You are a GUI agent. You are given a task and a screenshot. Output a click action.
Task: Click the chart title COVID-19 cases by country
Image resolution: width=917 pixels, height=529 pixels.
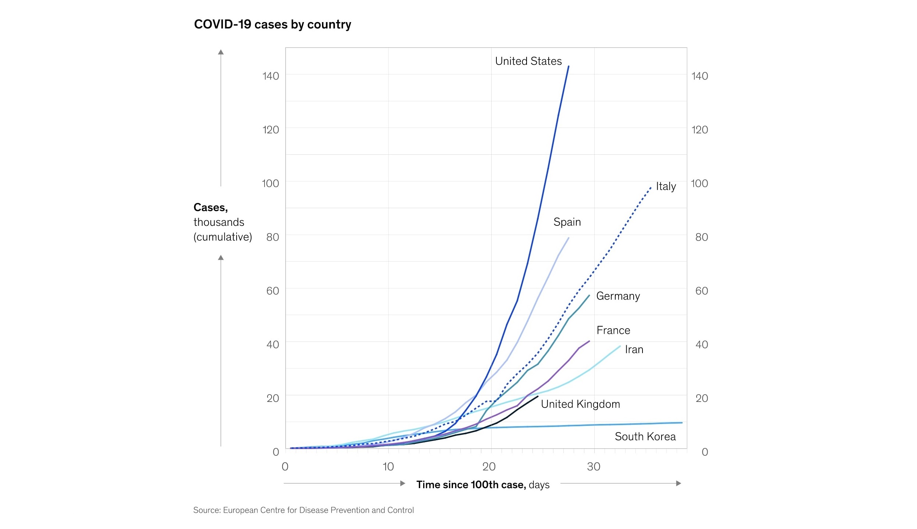pyautogui.click(x=272, y=24)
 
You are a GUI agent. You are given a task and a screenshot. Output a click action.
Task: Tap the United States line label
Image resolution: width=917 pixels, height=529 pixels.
pyautogui.click(x=528, y=61)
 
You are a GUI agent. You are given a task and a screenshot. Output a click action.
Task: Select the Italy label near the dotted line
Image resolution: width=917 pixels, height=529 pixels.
pyautogui.click(x=666, y=186)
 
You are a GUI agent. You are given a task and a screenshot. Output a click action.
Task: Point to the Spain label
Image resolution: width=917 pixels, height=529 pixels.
pyautogui.click(x=567, y=222)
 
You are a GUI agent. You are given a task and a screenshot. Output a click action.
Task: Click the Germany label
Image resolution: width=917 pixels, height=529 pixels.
pyautogui.click(x=618, y=296)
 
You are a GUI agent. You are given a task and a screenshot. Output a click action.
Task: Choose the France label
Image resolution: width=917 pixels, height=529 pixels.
pyautogui.click(x=613, y=330)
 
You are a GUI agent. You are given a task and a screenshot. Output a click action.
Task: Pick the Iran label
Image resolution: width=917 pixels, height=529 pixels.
pyautogui.click(x=634, y=350)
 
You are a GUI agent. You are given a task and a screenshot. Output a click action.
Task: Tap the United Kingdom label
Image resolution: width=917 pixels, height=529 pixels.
pyautogui.click(x=580, y=404)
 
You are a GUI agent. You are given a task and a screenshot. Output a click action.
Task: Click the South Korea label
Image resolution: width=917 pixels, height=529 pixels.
pyautogui.click(x=645, y=437)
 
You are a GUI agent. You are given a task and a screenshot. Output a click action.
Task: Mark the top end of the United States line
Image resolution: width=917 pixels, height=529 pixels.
pyautogui.click(x=569, y=67)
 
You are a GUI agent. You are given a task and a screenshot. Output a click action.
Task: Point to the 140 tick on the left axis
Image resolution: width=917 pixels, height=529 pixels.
pyautogui.click(x=270, y=76)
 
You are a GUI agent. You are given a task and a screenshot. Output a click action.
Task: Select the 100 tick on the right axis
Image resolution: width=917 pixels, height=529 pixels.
pyautogui.click(x=699, y=183)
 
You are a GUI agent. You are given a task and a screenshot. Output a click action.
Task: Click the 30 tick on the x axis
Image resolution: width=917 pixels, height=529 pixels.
pyautogui.click(x=594, y=467)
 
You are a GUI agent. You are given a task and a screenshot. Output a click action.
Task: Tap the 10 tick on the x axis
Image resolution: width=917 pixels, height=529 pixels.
pyautogui.click(x=388, y=467)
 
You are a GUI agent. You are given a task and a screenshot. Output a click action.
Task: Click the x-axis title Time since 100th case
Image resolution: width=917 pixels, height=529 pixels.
pyautogui.click(x=471, y=485)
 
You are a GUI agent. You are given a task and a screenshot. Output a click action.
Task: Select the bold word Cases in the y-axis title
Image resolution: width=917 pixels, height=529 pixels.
pyautogui.click(x=210, y=207)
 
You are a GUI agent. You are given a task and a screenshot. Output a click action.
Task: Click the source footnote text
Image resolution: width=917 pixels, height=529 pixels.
pyautogui.click(x=303, y=510)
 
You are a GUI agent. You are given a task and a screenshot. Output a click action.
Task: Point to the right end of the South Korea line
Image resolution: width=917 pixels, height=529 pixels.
pyautogui.click(x=681, y=423)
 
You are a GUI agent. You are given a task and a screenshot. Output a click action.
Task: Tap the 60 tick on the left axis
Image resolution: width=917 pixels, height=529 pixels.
pyautogui.click(x=272, y=291)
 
